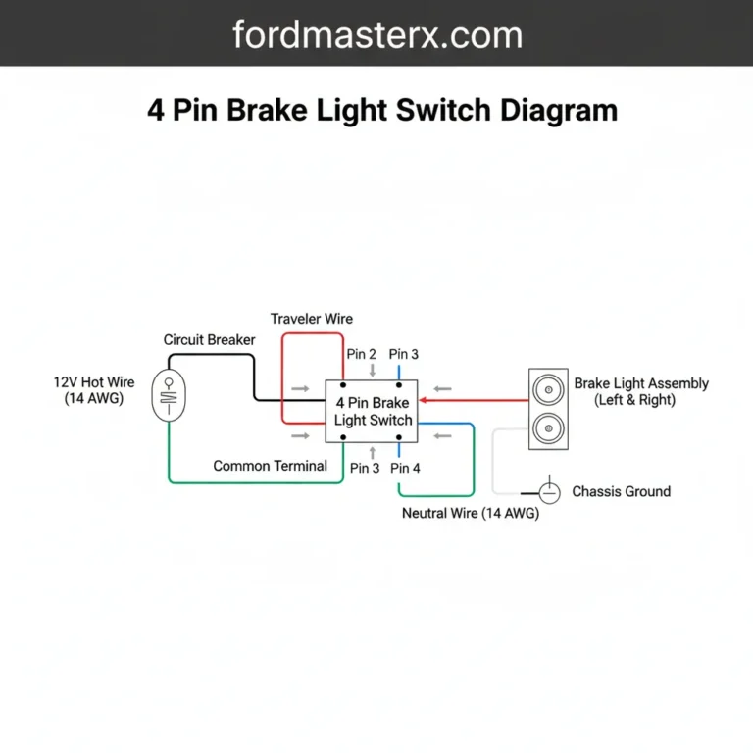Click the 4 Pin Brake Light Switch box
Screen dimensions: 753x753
tap(373, 411)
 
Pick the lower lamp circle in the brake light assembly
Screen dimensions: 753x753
tap(547, 428)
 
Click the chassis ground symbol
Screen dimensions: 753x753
tap(550, 490)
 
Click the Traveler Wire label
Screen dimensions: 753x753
tap(312, 319)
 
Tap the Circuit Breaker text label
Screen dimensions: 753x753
tap(209, 339)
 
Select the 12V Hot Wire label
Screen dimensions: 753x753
tap(94, 390)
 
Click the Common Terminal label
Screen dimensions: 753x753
tap(270, 466)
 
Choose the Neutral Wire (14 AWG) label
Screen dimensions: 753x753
tap(471, 513)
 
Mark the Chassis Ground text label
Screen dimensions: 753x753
tap(621, 491)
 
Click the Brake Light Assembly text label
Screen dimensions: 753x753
tap(641, 392)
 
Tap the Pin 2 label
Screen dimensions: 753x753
tap(361, 354)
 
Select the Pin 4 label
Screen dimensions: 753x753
tap(405, 469)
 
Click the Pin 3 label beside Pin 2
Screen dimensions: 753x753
tap(404, 354)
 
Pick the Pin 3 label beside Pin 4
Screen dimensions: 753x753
tap(365, 469)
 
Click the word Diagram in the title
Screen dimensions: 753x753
tap(558, 109)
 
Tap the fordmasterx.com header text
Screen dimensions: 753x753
tap(376, 35)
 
